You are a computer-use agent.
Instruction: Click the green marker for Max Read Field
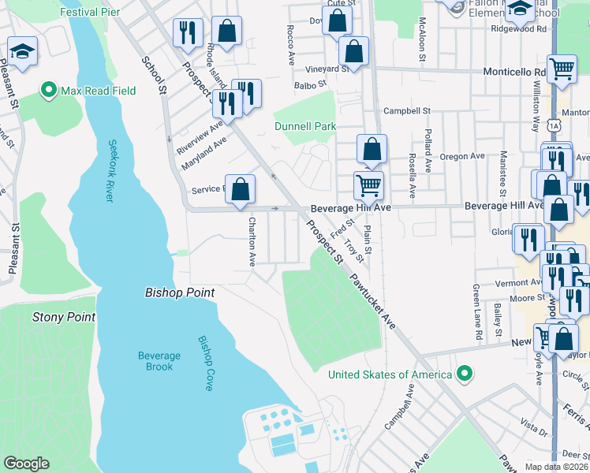coord(50,91)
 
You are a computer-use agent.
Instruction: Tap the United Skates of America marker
coord(465,374)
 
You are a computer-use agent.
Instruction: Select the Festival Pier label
coord(90,13)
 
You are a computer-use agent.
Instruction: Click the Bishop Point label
coord(180,292)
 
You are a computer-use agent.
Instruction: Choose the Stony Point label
coord(64,317)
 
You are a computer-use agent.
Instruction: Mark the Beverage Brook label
coord(159,361)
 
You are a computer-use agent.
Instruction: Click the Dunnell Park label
coord(305,126)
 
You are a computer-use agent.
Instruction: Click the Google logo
coord(26,464)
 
